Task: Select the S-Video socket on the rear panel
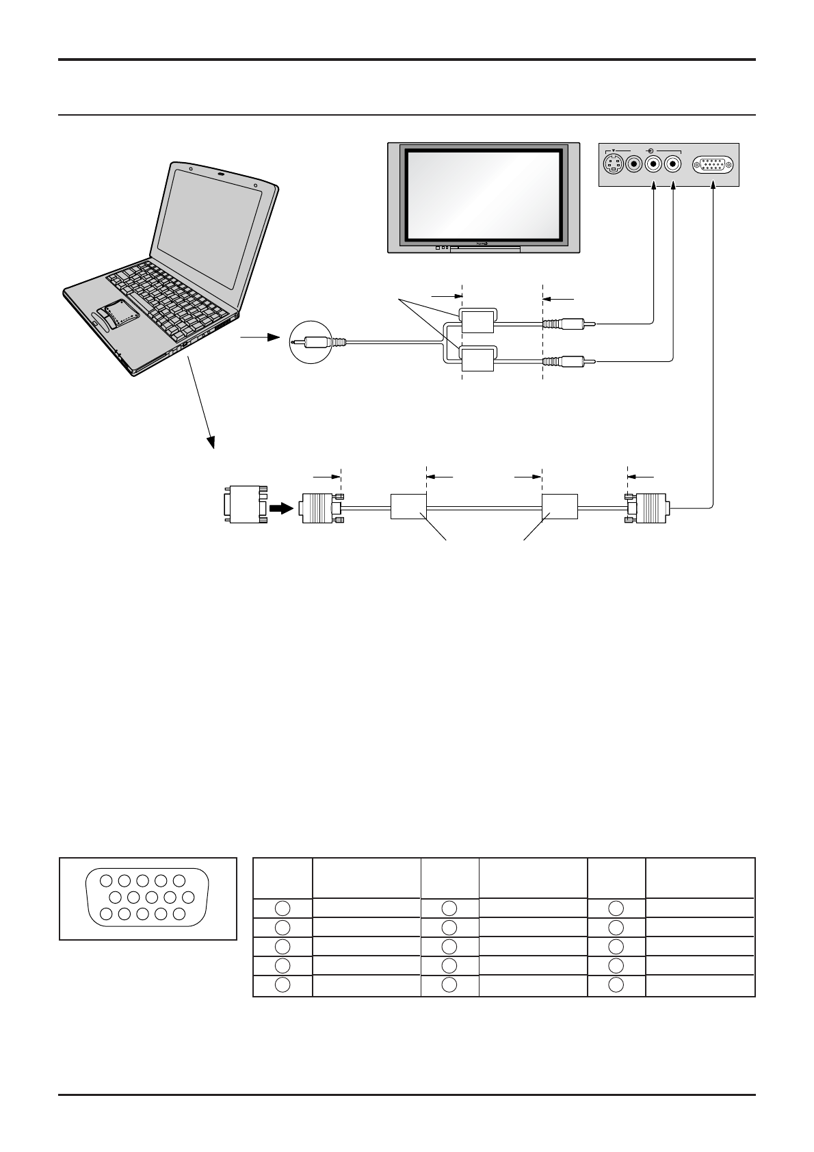(614, 164)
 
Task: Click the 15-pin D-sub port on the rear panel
(713, 165)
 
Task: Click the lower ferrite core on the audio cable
(477, 359)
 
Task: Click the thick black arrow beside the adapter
(280, 508)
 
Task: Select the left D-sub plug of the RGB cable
(320, 508)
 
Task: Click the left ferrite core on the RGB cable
(408, 507)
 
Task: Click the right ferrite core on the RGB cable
(560, 507)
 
